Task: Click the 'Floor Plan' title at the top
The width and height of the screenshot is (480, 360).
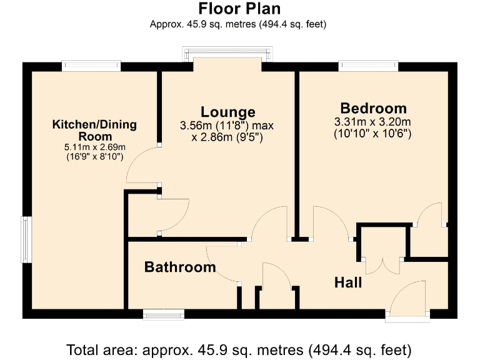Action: [239, 9]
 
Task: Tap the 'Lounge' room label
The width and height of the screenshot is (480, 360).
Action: [227, 112]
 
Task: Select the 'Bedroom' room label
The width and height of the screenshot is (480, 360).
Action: [373, 107]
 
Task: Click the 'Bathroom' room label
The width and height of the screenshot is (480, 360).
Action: [180, 267]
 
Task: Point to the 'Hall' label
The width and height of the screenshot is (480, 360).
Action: [348, 282]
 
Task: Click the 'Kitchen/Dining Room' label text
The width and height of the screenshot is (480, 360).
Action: [94, 130]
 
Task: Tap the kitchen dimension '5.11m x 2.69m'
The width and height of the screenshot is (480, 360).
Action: [95, 147]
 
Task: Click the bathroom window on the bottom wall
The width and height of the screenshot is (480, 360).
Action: [164, 314]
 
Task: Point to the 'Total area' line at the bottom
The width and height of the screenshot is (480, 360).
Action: [239, 348]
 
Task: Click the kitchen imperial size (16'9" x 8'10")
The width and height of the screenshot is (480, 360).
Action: [95, 157]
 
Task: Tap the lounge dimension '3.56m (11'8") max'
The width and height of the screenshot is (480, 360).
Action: [227, 126]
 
